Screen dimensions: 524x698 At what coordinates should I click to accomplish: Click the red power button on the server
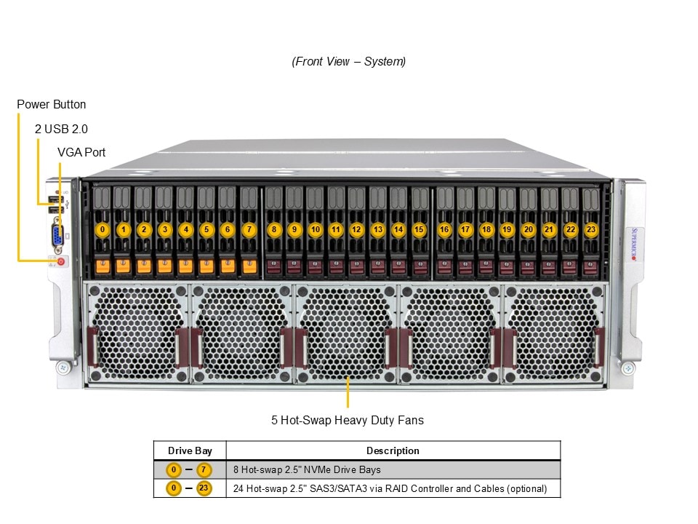pyautogui.click(x=60, y=261)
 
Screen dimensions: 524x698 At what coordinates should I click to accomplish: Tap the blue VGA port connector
pyautogui.click(x=56, y=235)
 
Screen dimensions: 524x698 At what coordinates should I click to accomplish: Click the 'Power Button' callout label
pyautogui.click(x=51, y=105)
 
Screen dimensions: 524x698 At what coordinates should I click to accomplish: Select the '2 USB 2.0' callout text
pyautogui.click(x=61, y=129)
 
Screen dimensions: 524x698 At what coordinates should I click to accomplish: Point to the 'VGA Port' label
pyautogui.click(x=81, y=152)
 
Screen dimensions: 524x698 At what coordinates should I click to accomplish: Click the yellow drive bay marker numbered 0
pyautogui.click(x=103, y=229)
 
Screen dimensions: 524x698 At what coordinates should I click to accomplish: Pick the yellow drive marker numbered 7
pyautogui.click(x=249, y=229)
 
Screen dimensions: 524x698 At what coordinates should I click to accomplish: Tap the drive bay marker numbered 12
pyautogui.click(x=356, y=229)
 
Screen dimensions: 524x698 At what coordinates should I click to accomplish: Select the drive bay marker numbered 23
pyautogui.click(x=591, y=229)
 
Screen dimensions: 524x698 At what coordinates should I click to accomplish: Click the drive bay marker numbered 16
pyautogui.click(x=444, y=229)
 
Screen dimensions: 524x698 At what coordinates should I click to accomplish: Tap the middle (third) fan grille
pyautogui.click(x=347, y=333)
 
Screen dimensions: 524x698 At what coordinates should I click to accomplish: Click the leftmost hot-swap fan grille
pyautogui.click(x=137, y=333)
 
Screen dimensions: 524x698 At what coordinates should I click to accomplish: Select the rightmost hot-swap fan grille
pyautogui.click(x=554, y=333)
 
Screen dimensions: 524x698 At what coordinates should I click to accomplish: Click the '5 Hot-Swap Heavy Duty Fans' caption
pyautogui.click(x=348, y=420)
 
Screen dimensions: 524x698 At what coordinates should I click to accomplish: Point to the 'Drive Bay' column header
pyautogui.click(x=190, y=450)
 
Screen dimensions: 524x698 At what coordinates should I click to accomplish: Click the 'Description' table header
pyautogui.click(x=393, y=450)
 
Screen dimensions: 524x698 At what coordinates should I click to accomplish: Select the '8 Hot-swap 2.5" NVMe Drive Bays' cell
pyautogui.click(x=306, y=469)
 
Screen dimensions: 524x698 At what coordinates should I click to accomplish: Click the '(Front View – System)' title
pyautogui.click(x=349, y=61)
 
